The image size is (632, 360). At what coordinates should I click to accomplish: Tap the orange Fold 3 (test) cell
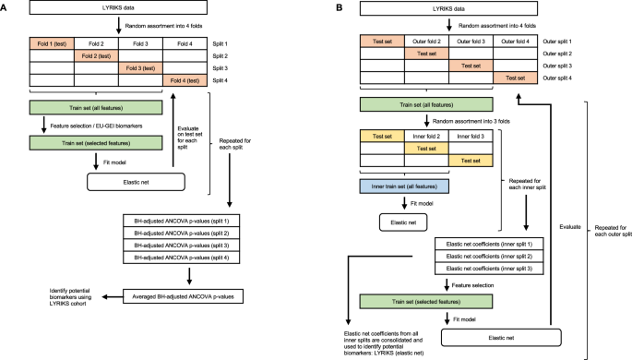[141, 67]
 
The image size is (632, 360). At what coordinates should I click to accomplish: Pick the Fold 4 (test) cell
[186, 79]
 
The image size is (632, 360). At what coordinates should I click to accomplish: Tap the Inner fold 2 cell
[427, 136]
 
